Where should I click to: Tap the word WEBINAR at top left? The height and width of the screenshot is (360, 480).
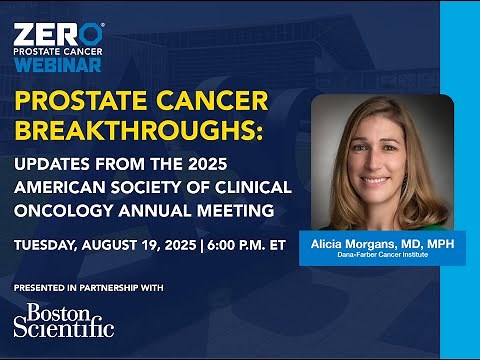tap(58, 65)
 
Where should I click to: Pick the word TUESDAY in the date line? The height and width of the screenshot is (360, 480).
tap(44, 245)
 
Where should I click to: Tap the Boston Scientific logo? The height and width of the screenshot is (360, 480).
tap(64, 319)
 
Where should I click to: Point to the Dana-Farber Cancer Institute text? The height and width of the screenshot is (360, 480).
tap(382, 257)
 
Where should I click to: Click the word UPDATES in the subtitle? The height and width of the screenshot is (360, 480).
tap(51, 165)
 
